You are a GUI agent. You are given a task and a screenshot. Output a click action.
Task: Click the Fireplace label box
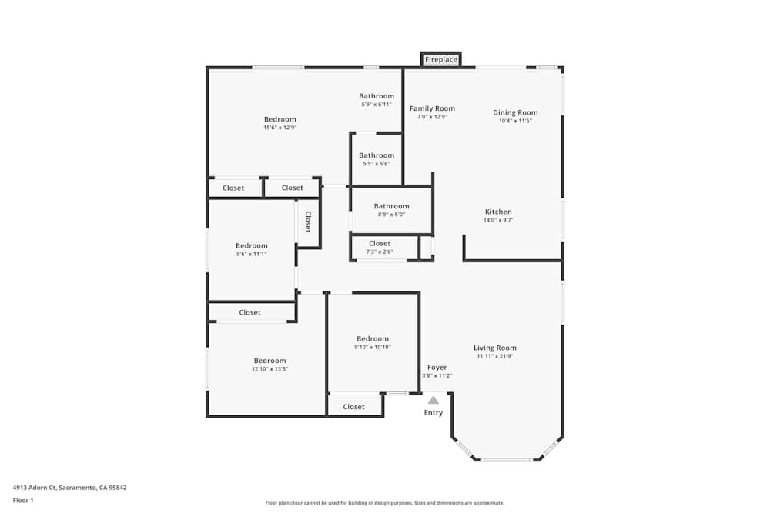441,59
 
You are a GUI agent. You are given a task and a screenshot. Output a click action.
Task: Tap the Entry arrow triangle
434,400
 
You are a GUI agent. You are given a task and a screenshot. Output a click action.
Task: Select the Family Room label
432,109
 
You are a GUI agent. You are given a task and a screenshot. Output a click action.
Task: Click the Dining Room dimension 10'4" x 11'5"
515,121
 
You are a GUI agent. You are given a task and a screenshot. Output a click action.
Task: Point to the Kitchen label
498,212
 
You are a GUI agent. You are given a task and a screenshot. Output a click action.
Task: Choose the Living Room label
494,348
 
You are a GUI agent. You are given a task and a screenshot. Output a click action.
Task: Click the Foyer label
437,368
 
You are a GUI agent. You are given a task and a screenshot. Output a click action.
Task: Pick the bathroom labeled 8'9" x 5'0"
391,210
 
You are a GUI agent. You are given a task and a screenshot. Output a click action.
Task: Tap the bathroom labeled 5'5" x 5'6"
377,159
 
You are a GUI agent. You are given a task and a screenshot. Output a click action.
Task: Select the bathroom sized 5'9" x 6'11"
377,100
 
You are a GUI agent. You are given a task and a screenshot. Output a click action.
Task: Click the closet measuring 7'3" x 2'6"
379,247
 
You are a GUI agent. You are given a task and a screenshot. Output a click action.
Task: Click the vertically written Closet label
308,222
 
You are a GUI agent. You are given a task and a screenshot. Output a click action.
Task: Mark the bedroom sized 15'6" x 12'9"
280,123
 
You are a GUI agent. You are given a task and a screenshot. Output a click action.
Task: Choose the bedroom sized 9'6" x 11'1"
251,250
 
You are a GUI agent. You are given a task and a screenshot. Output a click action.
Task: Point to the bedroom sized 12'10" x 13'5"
269,365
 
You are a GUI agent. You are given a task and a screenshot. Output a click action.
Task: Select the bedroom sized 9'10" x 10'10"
372,342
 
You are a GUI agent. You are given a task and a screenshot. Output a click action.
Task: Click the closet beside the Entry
353,407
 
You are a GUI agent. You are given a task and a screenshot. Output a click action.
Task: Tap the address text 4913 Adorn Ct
69,488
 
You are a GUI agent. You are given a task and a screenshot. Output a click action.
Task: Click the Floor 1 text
23,501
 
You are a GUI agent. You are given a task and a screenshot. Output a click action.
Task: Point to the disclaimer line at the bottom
385,503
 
